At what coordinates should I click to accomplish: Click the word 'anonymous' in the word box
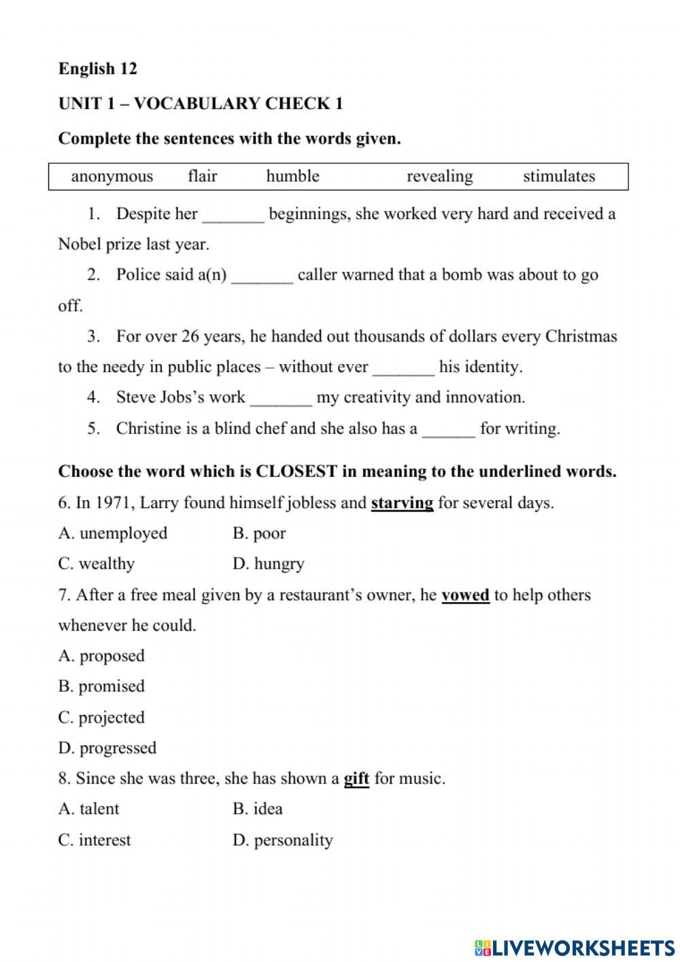pos(112,176)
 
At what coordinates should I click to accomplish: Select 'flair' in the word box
pos(202,176)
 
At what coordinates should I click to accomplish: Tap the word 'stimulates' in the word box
pos(558,176)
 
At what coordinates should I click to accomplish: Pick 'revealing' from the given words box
pos(439,176)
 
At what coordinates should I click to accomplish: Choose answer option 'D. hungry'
pos(268,564)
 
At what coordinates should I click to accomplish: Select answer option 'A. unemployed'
pos(113,533)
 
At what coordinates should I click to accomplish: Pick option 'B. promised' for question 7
pos(101,686)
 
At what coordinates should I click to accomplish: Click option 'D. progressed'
pos(107,748)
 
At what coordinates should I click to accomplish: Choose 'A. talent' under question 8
pos(88,809)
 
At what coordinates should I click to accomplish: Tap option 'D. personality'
pos(282,840)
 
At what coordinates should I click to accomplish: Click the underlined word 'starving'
pos(402,503)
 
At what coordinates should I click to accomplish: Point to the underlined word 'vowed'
pos(465,595)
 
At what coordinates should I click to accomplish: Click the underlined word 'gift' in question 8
pos(356,778)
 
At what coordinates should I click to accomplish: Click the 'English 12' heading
pos(97,69)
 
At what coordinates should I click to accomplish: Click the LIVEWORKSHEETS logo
pos(575,948)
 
